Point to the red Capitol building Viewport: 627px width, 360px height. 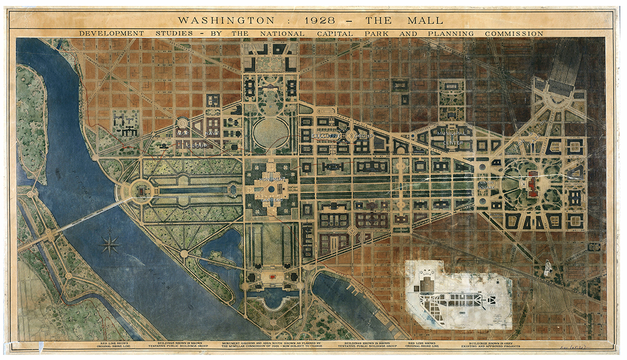tap(533, 184)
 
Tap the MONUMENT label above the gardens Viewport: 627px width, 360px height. tap(272, 179)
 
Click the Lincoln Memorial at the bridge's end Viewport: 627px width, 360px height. tap(141, 191)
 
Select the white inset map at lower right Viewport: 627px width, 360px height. tap(457, 295)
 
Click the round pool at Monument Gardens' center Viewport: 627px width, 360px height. tap(272, 189)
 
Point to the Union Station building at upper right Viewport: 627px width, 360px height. tap(559, 86)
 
